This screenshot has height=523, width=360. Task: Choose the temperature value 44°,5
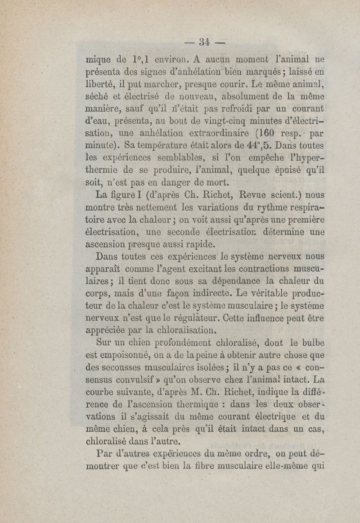[241, 145]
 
